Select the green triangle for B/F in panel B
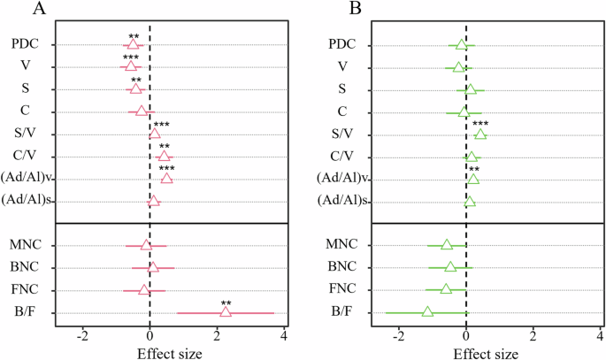click(427, 312)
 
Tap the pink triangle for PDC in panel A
click(133, 43)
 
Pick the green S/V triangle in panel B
click(480, 134)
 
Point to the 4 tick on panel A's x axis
click(284, 336)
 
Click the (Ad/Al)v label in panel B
click(341, 179)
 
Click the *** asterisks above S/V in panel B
click(480, 125)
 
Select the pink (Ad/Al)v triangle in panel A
click(166, 179)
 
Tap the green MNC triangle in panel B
click(447, 245)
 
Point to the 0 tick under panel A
click(150, 336)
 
